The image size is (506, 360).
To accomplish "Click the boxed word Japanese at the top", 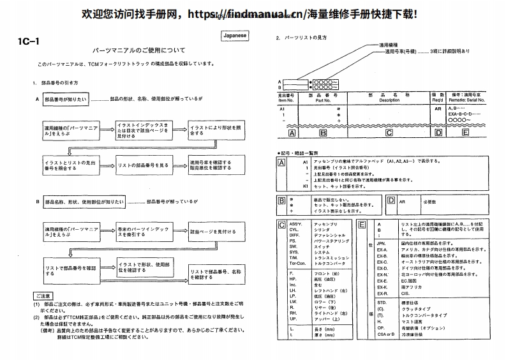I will click(235, 36).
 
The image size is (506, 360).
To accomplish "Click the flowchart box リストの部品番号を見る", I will click(142, 166).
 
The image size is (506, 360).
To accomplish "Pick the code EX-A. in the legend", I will click(382, 250).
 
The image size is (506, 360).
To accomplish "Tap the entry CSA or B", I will click(385, 333).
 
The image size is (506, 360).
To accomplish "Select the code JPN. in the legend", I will click(382, 243).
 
